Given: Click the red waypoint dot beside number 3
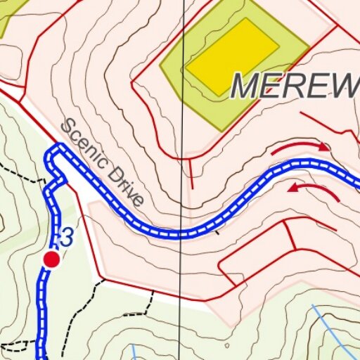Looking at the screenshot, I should point(51,259).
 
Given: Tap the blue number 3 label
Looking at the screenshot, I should point(67,238).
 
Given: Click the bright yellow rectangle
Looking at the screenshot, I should point(232,57).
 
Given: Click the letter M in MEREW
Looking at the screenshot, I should point(247,86).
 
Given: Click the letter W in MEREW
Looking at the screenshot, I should point(342,86).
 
